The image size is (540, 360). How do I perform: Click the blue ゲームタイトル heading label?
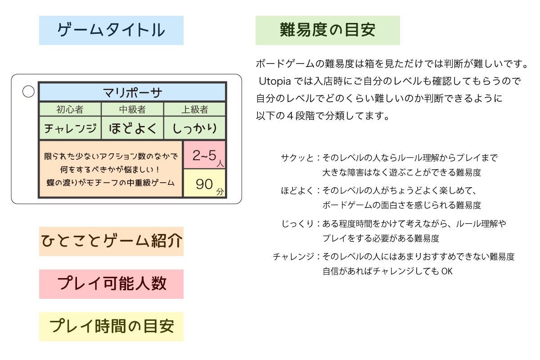[111, 30]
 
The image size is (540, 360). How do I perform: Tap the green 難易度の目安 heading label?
[328, 30]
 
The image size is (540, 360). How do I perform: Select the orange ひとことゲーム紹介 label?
[111, 241]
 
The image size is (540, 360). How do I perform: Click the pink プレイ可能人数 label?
[111, 284]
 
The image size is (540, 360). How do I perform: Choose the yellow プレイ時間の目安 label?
[111, 326]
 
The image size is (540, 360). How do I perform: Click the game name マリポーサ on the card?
[132, 92]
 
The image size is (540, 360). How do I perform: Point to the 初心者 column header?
[70, 109]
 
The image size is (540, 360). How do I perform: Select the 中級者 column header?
[132, 109]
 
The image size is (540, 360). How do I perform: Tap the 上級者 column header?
[194, 109]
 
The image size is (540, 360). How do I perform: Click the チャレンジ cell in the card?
[70, 129]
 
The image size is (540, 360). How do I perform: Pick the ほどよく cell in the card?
[132, 129]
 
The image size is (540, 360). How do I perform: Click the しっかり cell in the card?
[194, 129]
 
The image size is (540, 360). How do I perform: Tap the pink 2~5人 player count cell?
[205, 155]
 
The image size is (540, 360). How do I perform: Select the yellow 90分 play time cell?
[205, 184]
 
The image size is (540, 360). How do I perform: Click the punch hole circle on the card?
[28, 91]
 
